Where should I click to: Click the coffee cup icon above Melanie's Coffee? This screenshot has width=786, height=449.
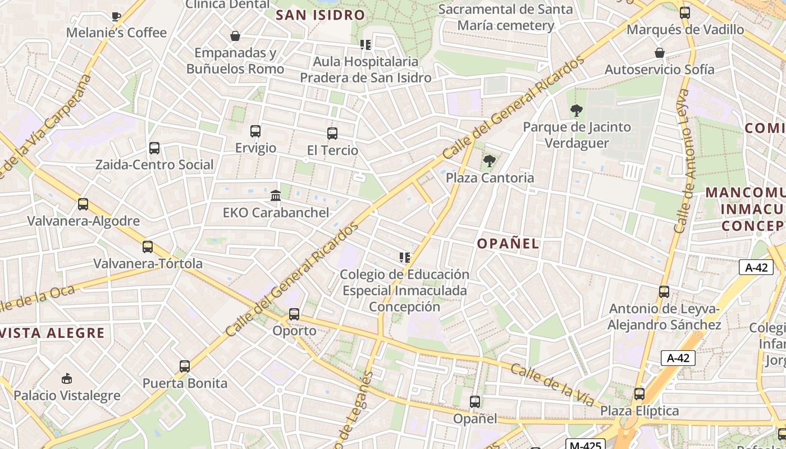coord(116,16)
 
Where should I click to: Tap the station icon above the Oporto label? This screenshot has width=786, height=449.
coord(294,314)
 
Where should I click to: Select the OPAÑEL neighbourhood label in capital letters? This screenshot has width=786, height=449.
coord(508,244)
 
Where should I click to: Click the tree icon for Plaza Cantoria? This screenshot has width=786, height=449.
coord(490,162)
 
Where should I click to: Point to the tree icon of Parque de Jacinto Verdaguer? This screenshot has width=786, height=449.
coord(576,111)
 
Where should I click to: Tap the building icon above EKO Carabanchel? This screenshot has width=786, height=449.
coord(276,196)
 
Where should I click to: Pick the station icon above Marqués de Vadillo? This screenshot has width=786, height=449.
coord(685,13)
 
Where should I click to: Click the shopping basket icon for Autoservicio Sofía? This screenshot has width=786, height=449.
coord(660,53)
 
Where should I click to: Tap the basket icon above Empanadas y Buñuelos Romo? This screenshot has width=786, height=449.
coord(235,36)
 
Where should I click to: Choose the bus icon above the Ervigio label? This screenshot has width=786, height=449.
coord(255,131)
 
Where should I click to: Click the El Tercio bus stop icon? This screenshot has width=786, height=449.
coord(332,134)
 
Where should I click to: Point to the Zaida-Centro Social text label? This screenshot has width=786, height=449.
coord(154,165)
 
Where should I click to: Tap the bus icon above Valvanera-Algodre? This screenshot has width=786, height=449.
coord(83,204)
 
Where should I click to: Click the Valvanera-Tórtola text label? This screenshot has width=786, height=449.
coord(148,263)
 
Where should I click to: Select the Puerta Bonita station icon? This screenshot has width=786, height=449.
coord(185,366)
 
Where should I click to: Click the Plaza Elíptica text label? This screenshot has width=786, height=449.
coord(639,411)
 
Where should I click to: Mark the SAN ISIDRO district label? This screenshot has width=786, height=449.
coord(321,15)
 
